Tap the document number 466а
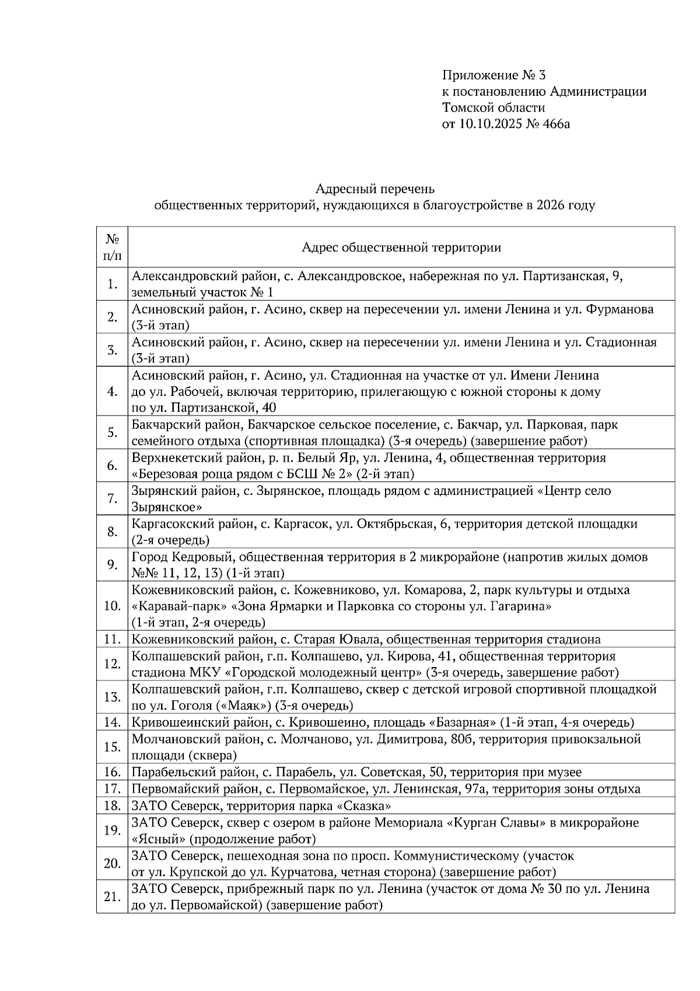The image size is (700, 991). click(x=554, y=123)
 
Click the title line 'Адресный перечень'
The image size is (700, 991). click(x=374, y=189)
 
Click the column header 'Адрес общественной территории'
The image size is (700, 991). click(x=401, y=247)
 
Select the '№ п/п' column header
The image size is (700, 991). click(x=113, y=247)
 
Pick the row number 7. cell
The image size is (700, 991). click(x=113, y=499)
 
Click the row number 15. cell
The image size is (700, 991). click(x=113, y=747)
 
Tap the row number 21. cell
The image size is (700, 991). click(x=113, y=896)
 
